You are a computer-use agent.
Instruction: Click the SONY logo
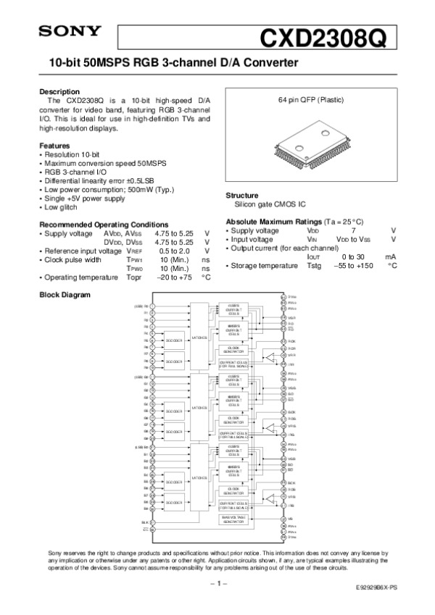70,31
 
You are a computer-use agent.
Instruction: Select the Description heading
59,92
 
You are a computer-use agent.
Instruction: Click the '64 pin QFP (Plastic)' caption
310,99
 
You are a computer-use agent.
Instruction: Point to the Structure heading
243,196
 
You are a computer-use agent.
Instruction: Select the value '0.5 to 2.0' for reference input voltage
174,251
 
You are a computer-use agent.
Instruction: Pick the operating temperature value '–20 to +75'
175,277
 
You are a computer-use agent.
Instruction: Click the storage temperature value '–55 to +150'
353,266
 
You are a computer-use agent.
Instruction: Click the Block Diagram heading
65,295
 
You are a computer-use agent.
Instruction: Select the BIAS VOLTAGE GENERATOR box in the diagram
233,519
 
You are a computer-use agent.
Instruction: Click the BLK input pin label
145,522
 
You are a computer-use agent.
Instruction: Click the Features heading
54,146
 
